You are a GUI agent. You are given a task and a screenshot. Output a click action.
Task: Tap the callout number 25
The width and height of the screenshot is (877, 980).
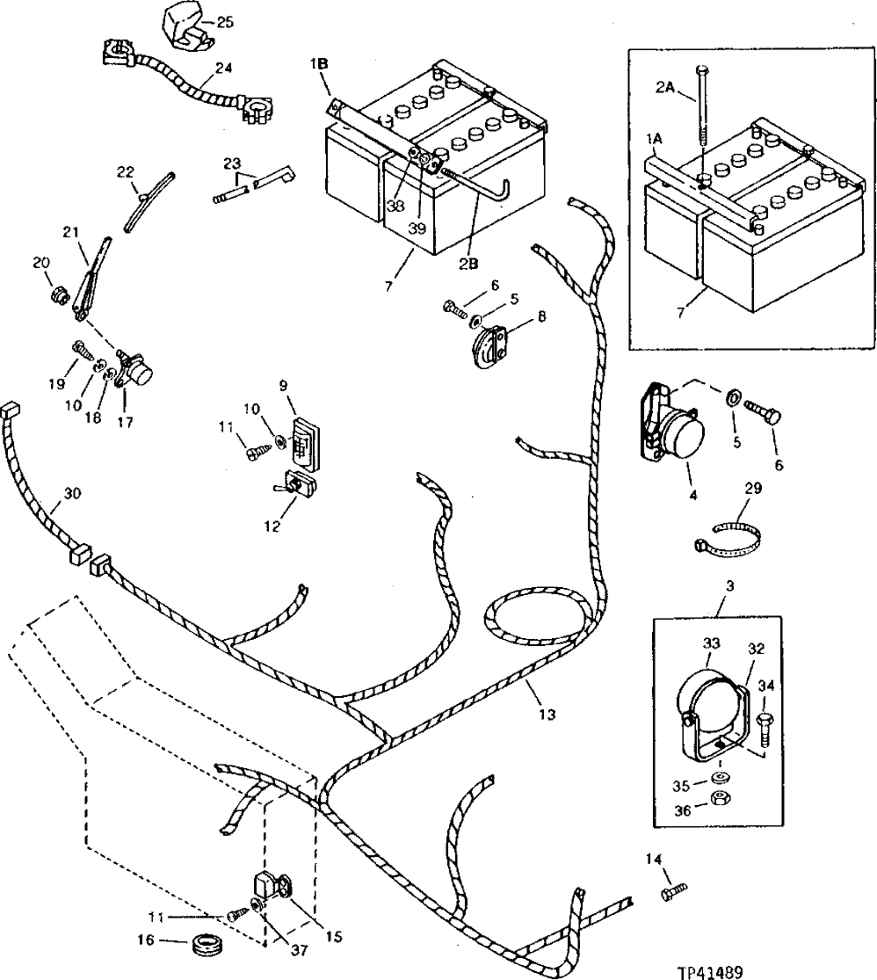(225, 22)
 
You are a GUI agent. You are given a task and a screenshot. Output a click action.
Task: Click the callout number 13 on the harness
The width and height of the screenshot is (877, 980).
(547, 715)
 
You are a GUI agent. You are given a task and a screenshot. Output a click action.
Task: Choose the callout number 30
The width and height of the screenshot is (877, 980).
(72, 493)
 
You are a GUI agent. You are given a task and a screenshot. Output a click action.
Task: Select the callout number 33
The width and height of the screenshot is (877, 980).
(710, 644)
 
